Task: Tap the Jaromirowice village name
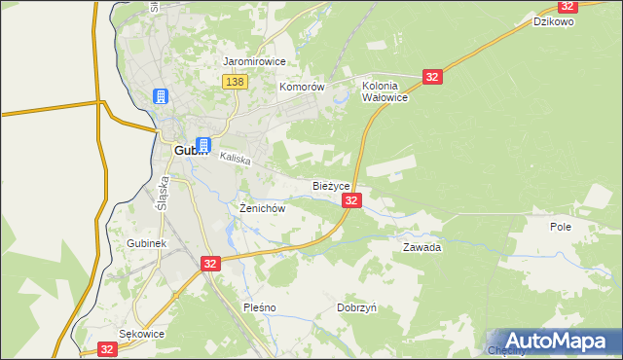[254, 61]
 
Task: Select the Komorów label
[301, 87]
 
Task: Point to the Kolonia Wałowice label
[385, 91]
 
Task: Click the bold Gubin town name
[188, 151]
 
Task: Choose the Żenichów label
[262, 208]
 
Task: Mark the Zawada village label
[422, 247]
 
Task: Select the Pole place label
[560, 226]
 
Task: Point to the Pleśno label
[259, 307]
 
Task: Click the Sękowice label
[141, 333]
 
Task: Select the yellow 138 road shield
[234, 83]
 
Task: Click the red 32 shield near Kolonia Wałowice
[433, 76]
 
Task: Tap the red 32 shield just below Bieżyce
[352, 200]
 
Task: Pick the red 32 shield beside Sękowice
[107, 349]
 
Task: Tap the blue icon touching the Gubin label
[203, 144]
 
